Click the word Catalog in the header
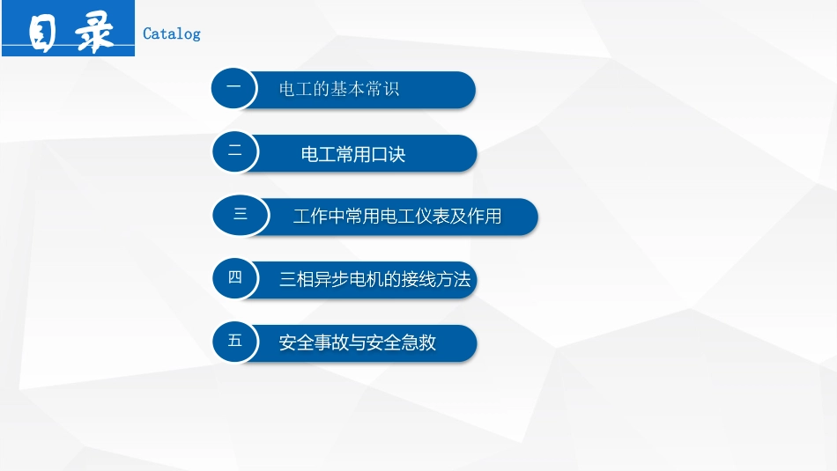[x=172, y=33]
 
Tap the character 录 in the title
[x=94, y=34]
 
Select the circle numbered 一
[x=234, y=88]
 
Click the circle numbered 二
[x=235, y=151]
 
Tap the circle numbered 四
[x=235, y=278]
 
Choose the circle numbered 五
[x=235, y=341]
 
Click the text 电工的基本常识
[x=339, y=90]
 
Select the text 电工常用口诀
[x=353, y=155]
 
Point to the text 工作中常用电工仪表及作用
[x=396, y=217]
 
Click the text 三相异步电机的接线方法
[x=375, y=281]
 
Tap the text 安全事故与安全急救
[x=358, y=343]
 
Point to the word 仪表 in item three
[x=430, y=217]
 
